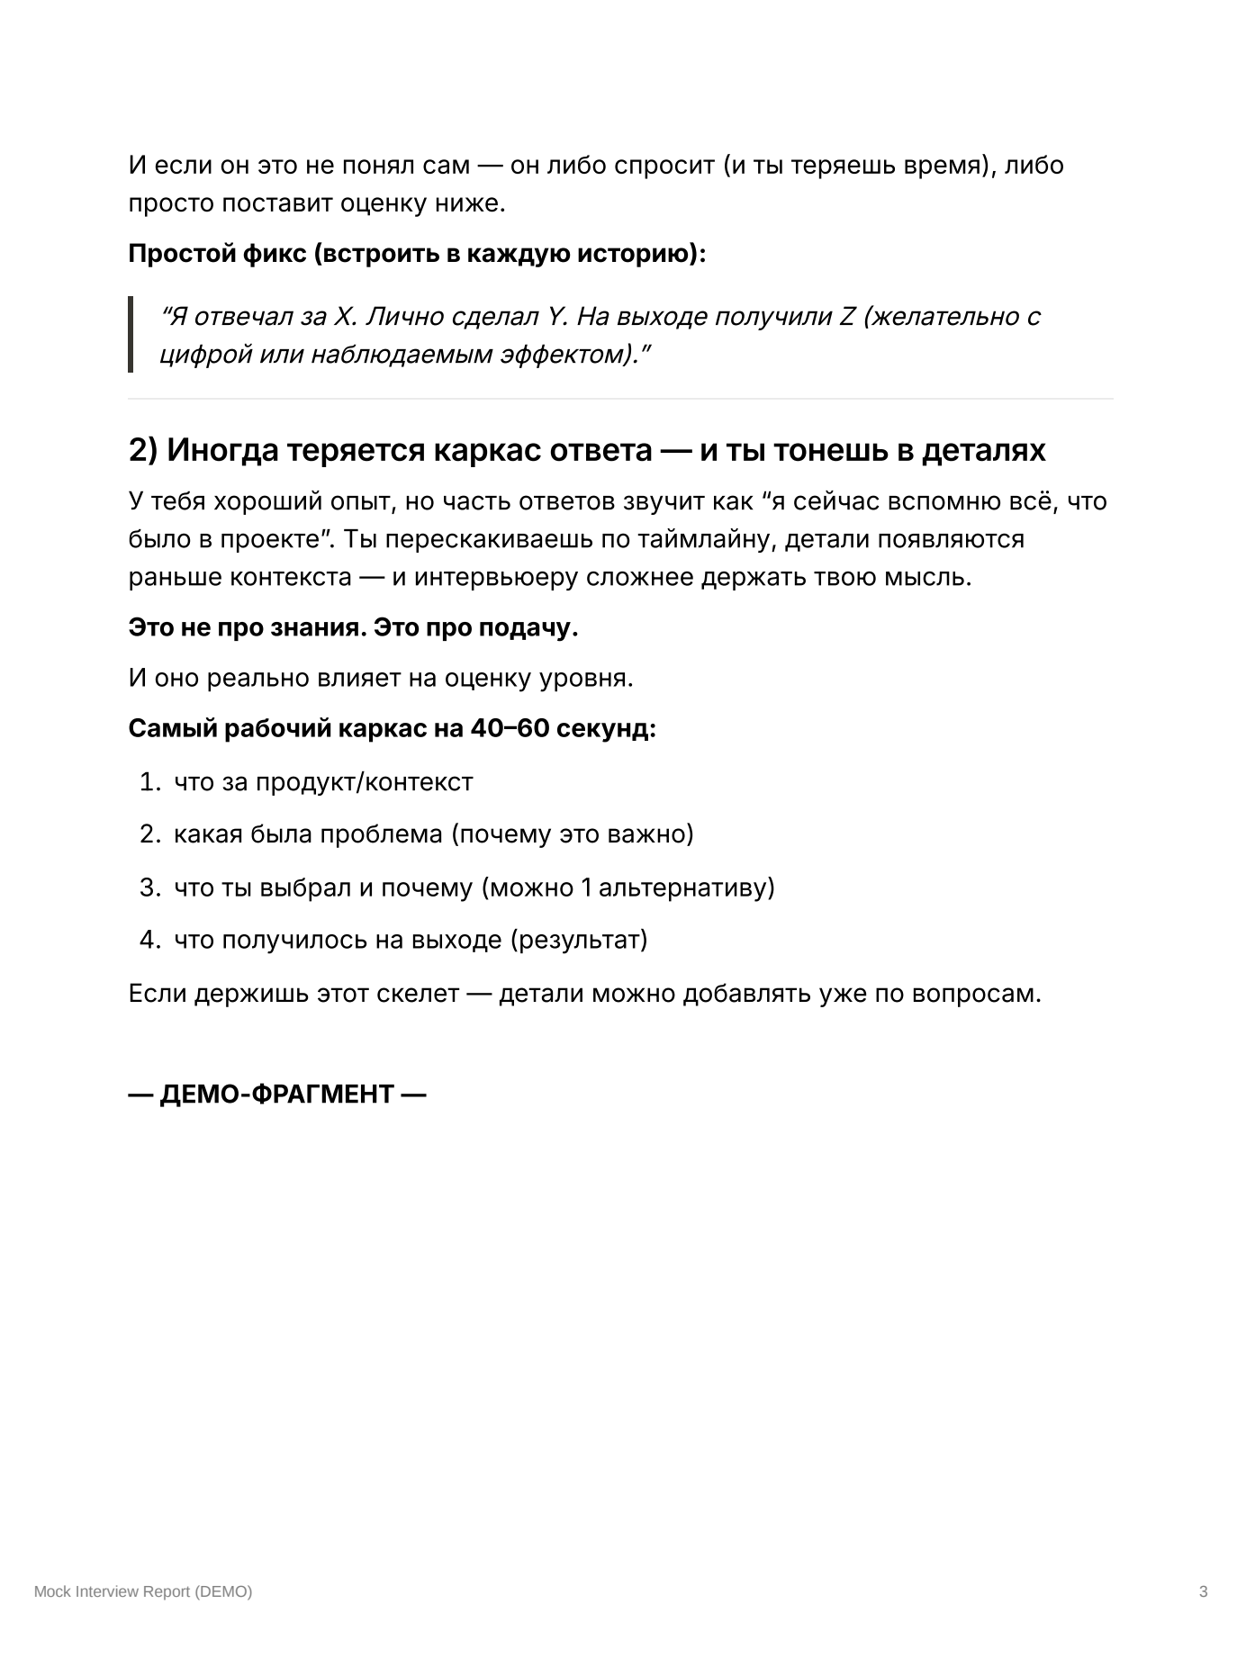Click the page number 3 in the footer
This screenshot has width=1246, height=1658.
(x=1203, y=1591)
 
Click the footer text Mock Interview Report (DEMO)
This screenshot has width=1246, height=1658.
(x=143, y=1591)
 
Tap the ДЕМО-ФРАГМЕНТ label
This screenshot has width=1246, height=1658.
(x=276, y=1095)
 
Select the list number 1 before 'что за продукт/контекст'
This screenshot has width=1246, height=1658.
(x=148, y=782)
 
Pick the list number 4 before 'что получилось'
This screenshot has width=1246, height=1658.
(x=149, y=940)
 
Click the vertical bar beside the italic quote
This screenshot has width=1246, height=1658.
(x=131, y=334)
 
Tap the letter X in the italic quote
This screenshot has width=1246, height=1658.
(x=344, y=317)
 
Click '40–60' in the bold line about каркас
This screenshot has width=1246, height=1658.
(x=510, y=728)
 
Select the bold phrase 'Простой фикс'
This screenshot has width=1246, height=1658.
(x=217, y=254)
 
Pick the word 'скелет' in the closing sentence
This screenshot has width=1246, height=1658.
(x=418, y=994)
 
